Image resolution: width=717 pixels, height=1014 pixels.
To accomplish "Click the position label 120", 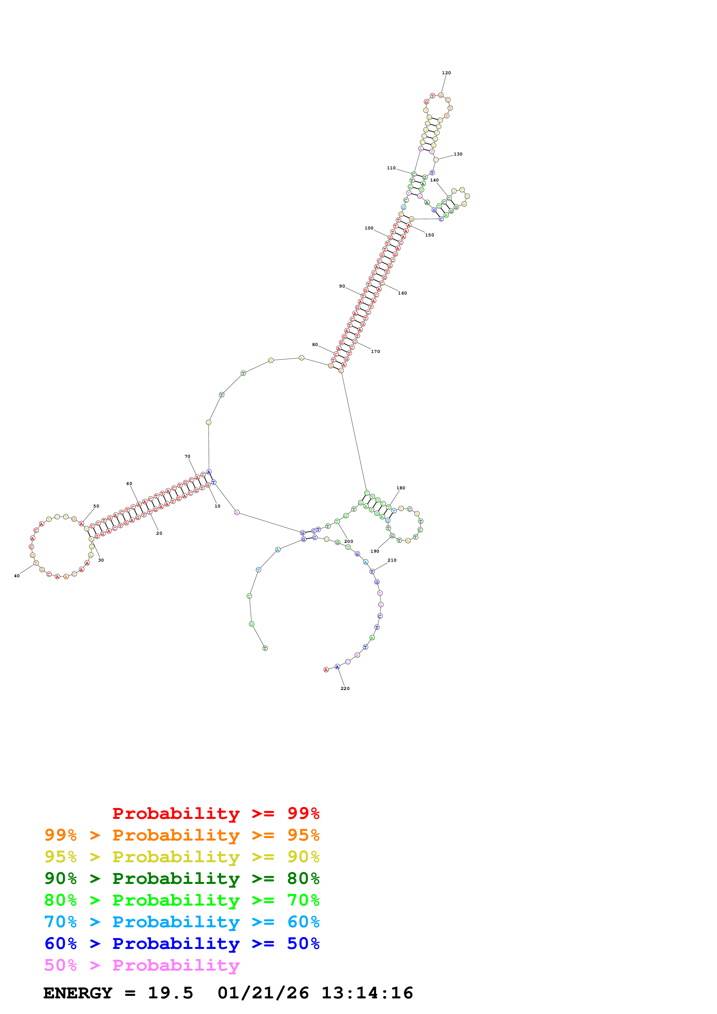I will click(446, 73).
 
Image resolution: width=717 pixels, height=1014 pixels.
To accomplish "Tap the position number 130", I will click(458, 154).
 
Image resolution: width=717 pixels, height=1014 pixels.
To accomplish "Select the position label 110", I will click(391, 168).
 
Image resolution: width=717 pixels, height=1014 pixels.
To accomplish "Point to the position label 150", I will click(430, 235).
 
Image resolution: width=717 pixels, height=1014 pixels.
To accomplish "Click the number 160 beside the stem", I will click(402, 293).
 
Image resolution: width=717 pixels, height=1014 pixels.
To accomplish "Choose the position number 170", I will click(375, 351).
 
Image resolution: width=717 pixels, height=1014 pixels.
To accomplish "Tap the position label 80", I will click(315, 345).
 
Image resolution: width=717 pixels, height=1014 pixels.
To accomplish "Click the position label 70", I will click(187, 457).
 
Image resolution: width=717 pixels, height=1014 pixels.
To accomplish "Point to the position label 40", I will click(17, 576).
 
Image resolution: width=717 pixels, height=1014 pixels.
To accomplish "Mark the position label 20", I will click(159, 534).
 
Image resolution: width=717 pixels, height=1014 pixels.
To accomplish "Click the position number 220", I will click(345, 689).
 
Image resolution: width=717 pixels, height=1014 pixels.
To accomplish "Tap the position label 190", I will click(375, 551).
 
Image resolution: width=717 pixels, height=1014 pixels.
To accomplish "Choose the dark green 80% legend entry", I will click(182, 878).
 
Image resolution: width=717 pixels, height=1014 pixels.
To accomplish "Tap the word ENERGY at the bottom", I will click(78, 993).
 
